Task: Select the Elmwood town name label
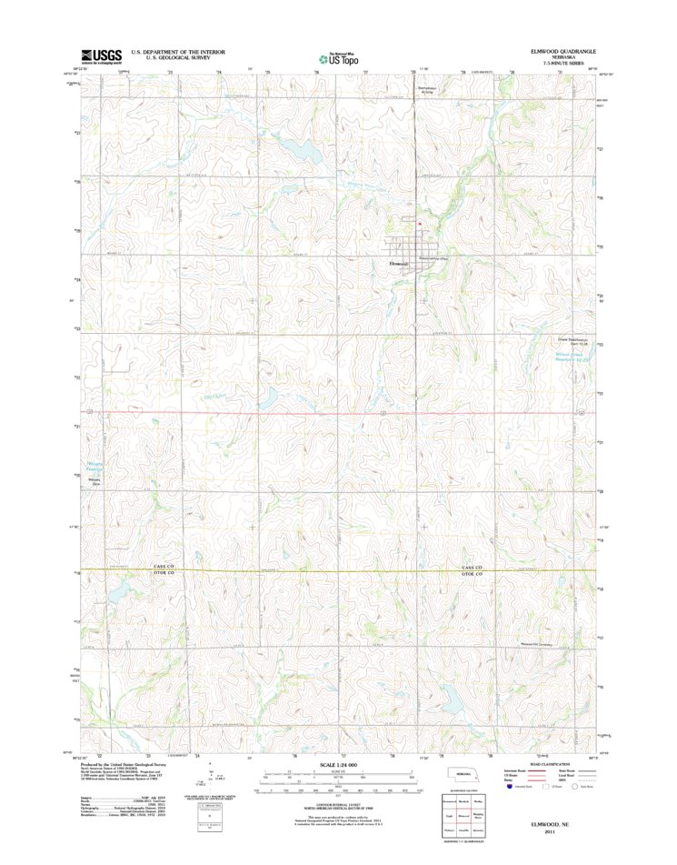point(400,264)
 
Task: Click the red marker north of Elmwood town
point(419,222)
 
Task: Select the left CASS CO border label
point(164,567)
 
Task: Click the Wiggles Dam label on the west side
point(94,483)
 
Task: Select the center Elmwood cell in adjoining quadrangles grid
point(463,817)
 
